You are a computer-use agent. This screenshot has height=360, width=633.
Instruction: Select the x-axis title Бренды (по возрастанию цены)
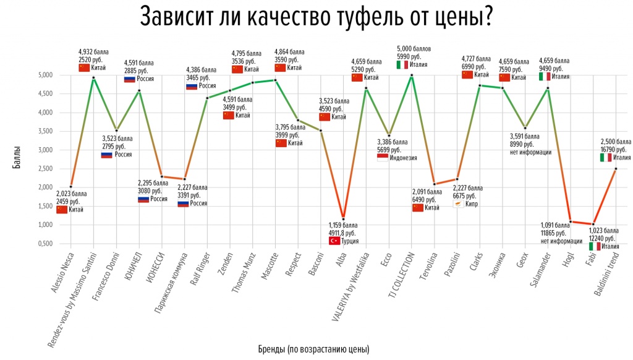313,349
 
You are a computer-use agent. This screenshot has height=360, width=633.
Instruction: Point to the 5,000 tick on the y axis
44,75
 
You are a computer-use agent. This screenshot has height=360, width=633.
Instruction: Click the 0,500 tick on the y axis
44,243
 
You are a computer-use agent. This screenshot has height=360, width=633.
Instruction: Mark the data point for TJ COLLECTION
412,75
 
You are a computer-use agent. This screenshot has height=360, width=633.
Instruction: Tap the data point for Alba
343,219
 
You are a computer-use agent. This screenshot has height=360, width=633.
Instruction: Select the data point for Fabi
593,224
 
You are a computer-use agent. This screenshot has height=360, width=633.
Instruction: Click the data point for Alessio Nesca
70,186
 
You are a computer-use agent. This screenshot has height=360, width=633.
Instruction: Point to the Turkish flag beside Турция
334,241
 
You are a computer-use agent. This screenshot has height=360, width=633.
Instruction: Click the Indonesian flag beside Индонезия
383,158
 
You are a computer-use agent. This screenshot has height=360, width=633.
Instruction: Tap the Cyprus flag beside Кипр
459,204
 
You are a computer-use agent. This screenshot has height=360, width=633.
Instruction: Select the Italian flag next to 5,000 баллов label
402,65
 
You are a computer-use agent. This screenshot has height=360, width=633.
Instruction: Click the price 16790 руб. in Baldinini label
613,149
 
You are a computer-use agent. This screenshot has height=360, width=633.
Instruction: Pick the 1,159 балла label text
342,226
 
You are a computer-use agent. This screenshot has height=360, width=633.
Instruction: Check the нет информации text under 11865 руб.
561,241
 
